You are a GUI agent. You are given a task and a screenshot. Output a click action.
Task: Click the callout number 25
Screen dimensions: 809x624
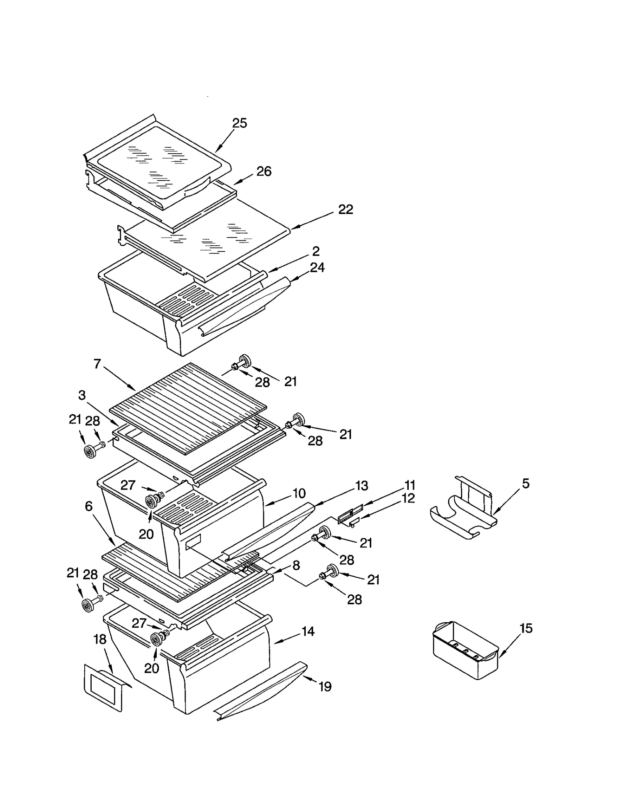click(239, 123)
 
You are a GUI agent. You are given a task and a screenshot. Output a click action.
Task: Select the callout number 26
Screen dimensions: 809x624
click(264, 172)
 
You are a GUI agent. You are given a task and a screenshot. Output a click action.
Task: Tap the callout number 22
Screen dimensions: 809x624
click(345, 210)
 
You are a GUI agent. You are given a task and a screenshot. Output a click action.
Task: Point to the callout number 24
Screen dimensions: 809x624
click(317, 267)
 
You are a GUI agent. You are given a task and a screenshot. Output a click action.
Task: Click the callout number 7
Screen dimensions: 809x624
click(97, 364)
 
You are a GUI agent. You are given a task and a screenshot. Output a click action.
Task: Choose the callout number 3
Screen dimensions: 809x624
click(82, 395)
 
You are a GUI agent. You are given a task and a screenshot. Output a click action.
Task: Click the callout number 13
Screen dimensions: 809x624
click(362, 486)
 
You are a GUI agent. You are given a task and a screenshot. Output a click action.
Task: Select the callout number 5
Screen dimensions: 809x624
click(525, 483)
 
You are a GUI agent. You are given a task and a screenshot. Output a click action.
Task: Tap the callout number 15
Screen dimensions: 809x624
click(526, 628)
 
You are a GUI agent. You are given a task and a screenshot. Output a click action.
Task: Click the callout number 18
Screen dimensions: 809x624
click(100, 639)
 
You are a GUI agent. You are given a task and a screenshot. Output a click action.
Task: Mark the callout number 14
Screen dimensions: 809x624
click(308, 631)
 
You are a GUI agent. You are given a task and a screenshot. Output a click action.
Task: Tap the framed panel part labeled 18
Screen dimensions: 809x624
click(103, 688)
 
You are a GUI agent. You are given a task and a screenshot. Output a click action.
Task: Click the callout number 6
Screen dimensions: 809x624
click(89, 506)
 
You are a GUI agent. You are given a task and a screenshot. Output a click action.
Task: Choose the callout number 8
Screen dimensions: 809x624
click(296, 565)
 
